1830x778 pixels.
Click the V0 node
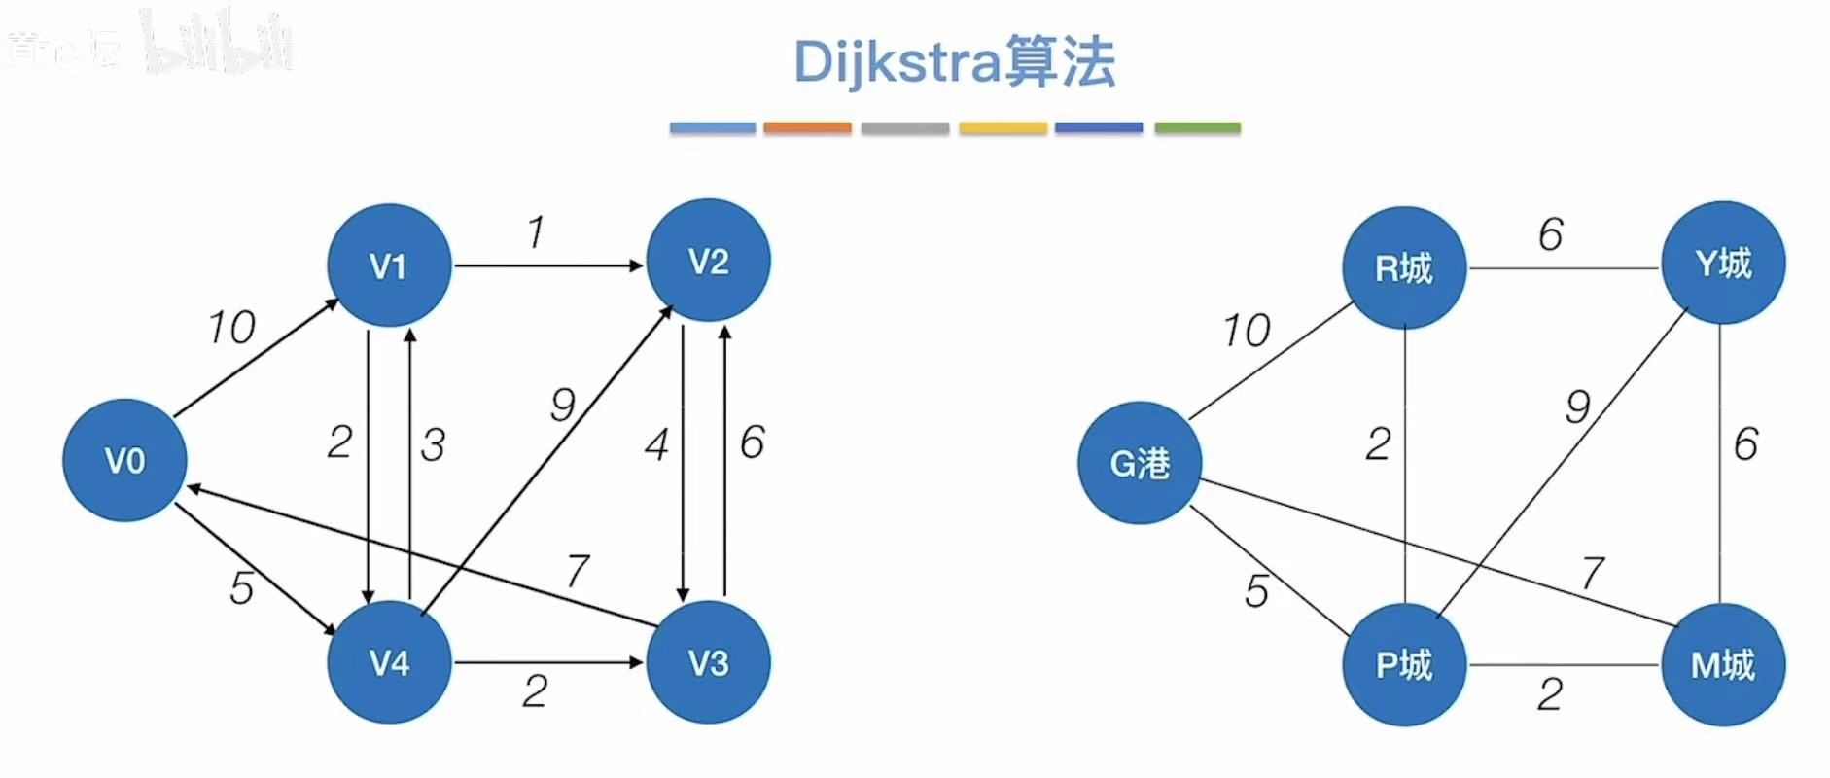(x=124, y=460)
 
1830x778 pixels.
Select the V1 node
(x=389, y=265)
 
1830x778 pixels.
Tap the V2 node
(x=708, y=261)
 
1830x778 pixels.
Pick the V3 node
(x=708, y=662)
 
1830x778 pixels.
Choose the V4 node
(x=389, y=662)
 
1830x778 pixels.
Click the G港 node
(x=1140, y=463)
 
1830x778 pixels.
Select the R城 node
(x=1404, y=267)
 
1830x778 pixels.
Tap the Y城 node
(x=1723, y=263)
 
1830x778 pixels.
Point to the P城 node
(x=1404, y=664)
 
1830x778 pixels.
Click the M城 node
(x=1723, y=664)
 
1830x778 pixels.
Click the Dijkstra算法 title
(x=954, y=62)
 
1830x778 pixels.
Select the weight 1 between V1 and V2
(x=536, y=232)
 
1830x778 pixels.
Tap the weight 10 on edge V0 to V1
(x=231, y=328)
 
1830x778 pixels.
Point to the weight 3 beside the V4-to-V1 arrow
(x=433, y=445)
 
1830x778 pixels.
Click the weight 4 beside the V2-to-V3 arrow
(x=657, y=445)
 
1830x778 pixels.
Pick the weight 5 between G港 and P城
(x=1256, y=590)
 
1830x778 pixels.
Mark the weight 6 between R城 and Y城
(x=1551, y=234)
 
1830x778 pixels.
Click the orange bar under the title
(x=807, y=127)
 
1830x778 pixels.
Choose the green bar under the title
(x=1197, y=127)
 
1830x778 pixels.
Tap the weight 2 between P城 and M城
(x=1551, y=694)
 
